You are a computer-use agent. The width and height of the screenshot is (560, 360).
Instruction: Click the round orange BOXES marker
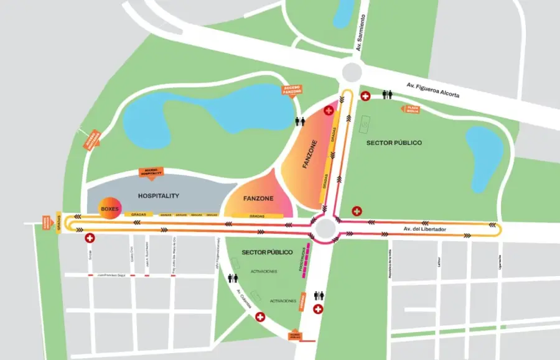pos(110,210)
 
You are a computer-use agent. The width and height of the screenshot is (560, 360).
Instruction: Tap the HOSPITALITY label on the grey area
pos(159,196)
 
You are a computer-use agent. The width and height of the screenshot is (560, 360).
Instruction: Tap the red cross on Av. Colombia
pos(261,316)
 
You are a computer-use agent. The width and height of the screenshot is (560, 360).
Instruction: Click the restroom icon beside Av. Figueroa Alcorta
pos(388,95)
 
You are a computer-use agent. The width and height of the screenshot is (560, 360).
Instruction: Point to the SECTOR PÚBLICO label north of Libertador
pos(394,143)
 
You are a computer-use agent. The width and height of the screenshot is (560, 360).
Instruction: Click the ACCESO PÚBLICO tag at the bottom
pos(296,336)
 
